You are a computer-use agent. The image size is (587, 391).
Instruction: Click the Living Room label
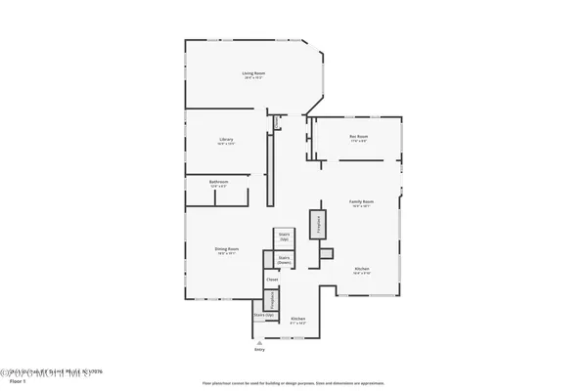tap(254, 73)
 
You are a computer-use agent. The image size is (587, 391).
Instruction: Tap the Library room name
tap(225, 139)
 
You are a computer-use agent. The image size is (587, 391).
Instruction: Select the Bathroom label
tap(218, 182)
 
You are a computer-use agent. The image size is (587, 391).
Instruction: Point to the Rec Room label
tap(358, 137)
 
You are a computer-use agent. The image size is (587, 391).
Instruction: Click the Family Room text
tap(362, 201)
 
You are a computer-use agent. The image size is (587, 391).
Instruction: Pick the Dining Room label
tap(228, 249)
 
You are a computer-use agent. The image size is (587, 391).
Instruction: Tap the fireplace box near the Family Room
tap(317, 224)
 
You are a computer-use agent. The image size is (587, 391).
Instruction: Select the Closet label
tap(272, 280)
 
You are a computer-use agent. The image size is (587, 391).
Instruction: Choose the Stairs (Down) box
tap(285, 261)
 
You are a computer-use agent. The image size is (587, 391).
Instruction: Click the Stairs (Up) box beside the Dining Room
tap(285, 238)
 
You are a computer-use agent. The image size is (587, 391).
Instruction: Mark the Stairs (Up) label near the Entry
tap(263, 317)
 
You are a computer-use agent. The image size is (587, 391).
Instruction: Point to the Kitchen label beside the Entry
tap(298, 321)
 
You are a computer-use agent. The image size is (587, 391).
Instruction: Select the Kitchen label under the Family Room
tap(361, 269)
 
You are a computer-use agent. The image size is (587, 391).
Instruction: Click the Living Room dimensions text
tap(254, 78)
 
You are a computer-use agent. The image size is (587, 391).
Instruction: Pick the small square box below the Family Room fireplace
tap(326, 253)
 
